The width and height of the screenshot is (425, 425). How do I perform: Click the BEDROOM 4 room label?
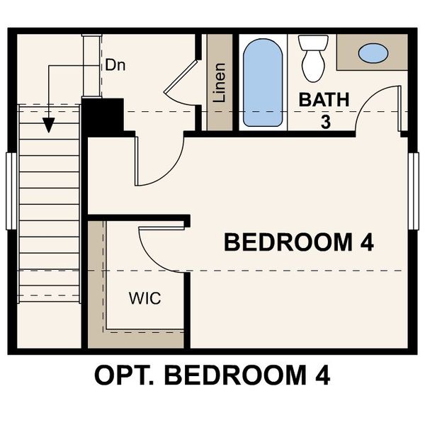point(298,242)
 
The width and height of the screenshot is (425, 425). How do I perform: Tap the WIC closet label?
point(144,297)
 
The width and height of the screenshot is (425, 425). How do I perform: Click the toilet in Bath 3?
point(312,57)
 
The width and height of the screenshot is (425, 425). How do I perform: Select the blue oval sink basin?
point(373,52)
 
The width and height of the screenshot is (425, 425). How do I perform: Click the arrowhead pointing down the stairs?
point(48,125)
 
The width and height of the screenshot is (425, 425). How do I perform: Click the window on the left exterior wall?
point(11,191)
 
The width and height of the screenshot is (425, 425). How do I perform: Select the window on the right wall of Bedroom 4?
point(414,191)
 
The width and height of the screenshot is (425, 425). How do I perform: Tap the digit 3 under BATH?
point(325,122)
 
